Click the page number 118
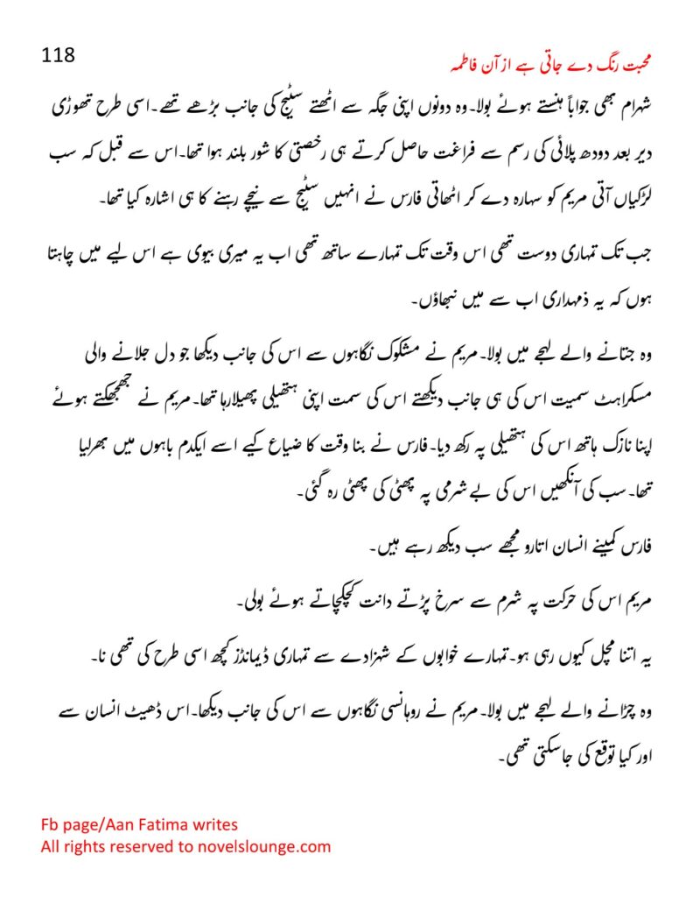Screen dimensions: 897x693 [x=59, y=54]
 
